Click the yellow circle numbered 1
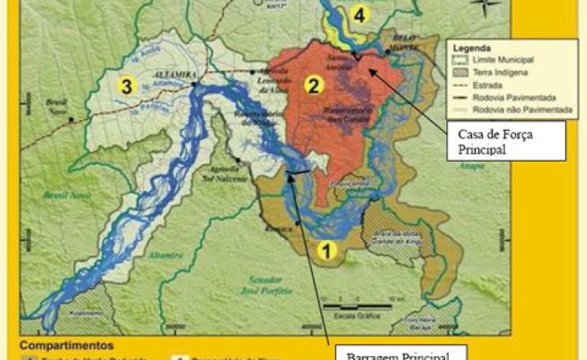327,250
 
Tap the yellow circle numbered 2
315,85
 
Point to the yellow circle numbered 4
359,14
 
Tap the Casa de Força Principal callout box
505,141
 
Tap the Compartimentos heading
66,346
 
